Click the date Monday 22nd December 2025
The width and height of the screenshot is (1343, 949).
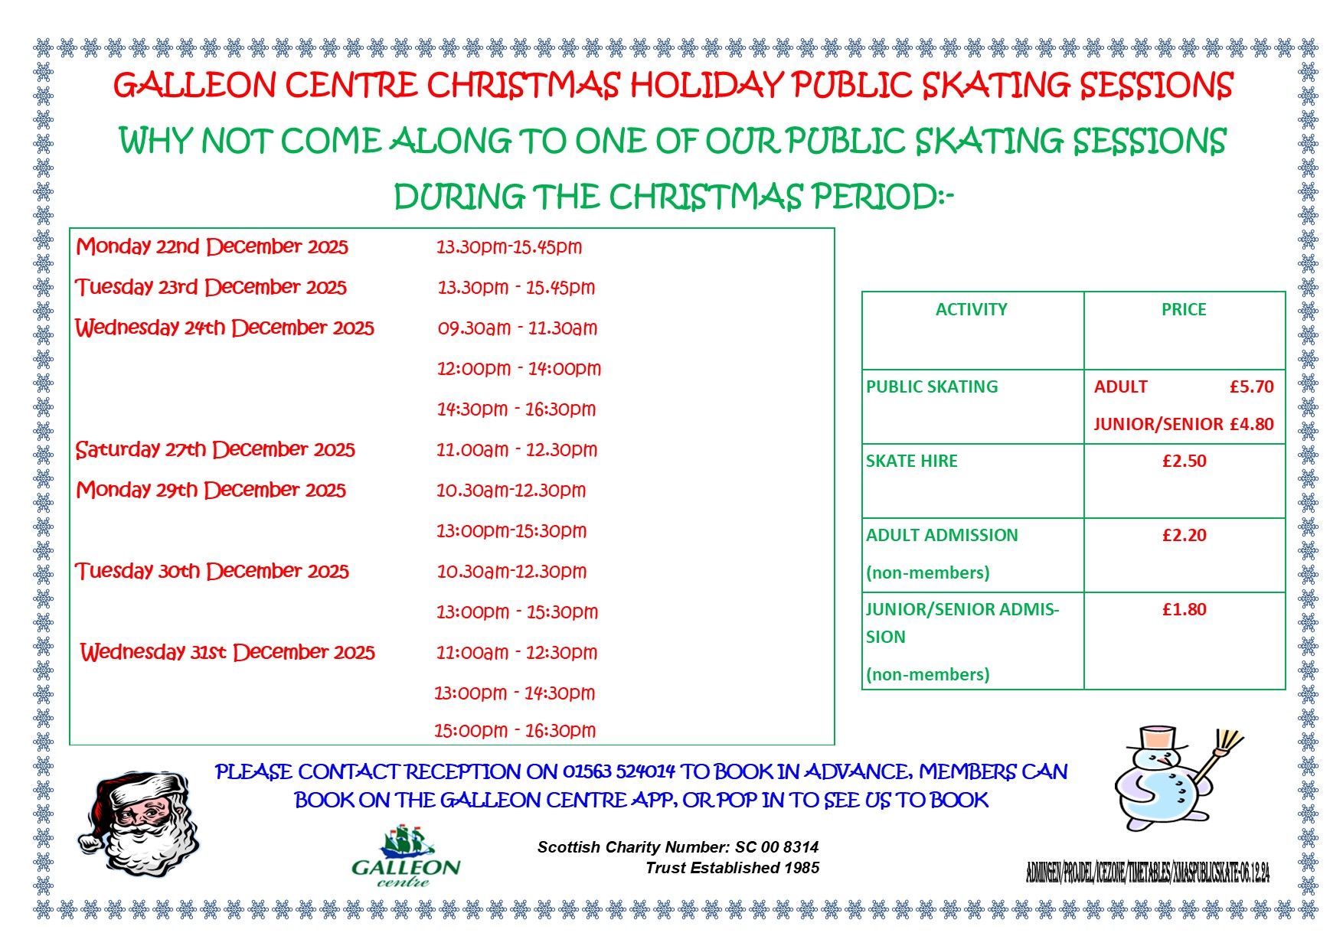coord(212,246)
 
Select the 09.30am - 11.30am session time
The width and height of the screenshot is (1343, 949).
coord(518,328)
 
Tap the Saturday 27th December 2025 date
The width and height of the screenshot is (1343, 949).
coord(215,449)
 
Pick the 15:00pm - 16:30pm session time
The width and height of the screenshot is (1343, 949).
coord(515,731)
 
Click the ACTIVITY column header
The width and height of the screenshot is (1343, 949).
coord(971,310)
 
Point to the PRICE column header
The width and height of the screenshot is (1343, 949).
coord(1183,310)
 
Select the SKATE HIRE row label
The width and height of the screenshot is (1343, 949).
coord(911,461)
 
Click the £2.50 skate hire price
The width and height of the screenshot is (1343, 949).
coord(1184,461)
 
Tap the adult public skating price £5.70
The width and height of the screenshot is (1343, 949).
coord(1251,387)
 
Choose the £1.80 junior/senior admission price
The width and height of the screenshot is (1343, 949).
coord(1184,610)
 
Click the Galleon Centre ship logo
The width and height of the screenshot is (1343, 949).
coord(407,844)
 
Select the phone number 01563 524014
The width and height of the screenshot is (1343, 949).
coord(619,771)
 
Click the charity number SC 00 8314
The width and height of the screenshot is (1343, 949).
coord(776,847)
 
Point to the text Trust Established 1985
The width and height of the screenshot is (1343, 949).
coord(732,868)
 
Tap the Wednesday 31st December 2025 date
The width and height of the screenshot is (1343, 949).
coord(227,652)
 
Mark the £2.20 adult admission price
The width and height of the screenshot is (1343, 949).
coord(1184,536)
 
